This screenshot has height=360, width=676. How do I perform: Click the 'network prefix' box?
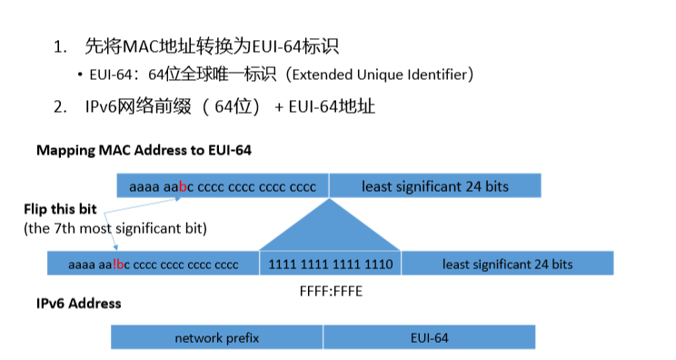tap(217, 337)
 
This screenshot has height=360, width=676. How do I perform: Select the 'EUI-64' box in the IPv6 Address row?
tap(429, 337)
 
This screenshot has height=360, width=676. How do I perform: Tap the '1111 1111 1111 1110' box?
tap(330, 265)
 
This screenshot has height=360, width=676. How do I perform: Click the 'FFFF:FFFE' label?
tap(329, 294)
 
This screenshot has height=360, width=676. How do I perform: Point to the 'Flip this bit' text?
tap(59, 209)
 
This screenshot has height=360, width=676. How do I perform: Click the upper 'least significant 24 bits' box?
tap(435, 186)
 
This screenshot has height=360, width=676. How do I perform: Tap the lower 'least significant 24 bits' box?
tap(507, 265)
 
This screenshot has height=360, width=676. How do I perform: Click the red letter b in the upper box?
tap(183, 187)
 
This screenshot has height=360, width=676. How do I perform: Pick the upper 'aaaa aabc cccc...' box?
tap(223, 186)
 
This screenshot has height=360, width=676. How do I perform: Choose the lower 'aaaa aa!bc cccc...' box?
tap(153, 265)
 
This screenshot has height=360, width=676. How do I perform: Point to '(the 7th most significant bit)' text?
tap(115, 228)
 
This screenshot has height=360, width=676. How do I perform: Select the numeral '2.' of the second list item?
tap(60, 106)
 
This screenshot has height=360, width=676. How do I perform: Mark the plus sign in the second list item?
tap(278, 107)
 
